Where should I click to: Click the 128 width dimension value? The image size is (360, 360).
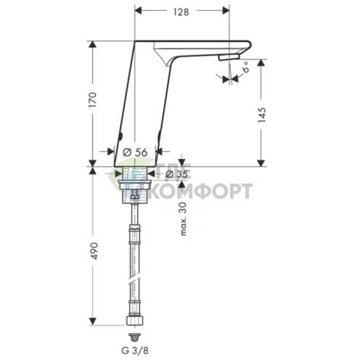pyautogui.click(x=181, y=12)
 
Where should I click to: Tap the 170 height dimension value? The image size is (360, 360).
pyautogui.click(x=93, y=99)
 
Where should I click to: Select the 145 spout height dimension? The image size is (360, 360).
pyautogui.click(x=262, y=115)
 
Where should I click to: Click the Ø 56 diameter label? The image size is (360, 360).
pyautogui.click(x=135, y=152)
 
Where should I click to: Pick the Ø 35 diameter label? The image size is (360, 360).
pyautogui.click(x=177, y=174)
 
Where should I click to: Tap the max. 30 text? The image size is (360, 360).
pyautogui.click(x=184, y=218)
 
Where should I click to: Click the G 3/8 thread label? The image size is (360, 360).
pyautogui.click(x=135, y=351)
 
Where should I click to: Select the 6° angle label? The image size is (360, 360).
pyautogui.click(x=245, y=67)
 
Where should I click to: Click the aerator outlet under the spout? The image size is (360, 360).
pyautogui.click(x=229, y=57)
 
